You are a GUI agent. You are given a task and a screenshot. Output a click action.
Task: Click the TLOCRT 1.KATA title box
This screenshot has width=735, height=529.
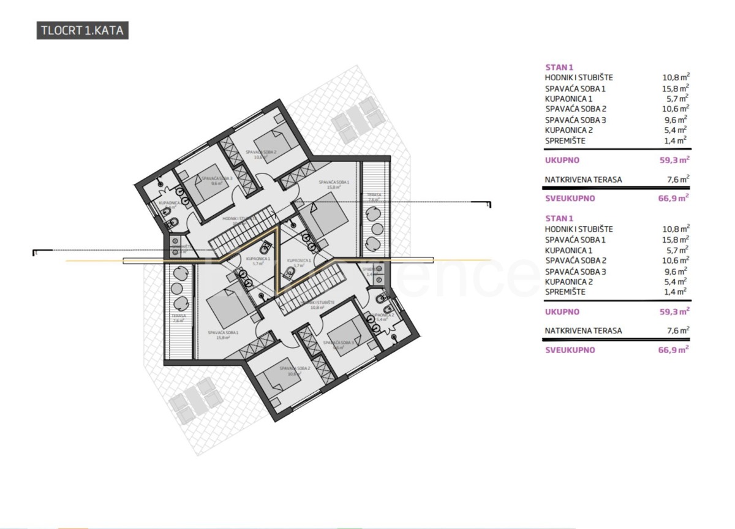(82, 30)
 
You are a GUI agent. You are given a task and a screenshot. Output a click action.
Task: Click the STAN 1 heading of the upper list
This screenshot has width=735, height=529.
(559, 67)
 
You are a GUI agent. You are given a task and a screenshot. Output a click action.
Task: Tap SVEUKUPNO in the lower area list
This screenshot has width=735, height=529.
(570, 350)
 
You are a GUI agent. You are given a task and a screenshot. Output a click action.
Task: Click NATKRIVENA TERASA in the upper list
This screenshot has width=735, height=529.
(582, 180)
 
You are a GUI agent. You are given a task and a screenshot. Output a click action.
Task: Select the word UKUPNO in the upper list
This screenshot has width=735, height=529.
(562, 161)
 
